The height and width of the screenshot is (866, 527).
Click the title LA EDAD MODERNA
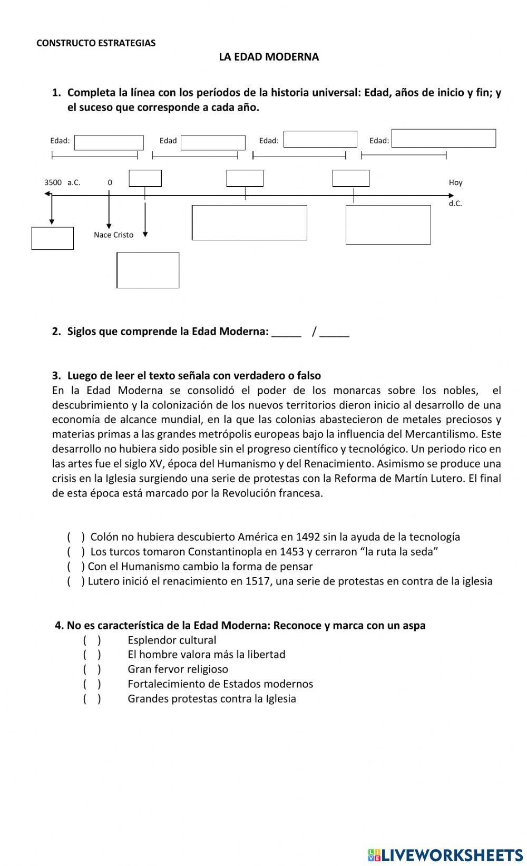click(x=269, y=57)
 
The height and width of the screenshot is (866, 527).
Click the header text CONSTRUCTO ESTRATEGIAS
click(x=96, y=43)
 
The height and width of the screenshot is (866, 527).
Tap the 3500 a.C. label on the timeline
click(x=62, y=182)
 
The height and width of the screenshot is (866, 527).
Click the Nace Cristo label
click(x=113, y=235)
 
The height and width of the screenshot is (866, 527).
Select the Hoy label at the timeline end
click(x=455, y=182)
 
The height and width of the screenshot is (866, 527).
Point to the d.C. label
click(x=455, y=203)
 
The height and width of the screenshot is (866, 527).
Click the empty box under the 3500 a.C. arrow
click(x=52, y=238)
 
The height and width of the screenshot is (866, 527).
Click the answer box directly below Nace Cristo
click(x=148, y=270)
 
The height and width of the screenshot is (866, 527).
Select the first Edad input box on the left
click(x=109, y=142)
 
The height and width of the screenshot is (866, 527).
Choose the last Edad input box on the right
click(x=443, y=138)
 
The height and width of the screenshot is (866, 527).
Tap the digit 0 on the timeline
click(x=110, y=182)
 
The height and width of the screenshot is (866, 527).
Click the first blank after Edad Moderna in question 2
click(x=286, y=332)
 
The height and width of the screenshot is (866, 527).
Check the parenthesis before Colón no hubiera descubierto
click(x=76, y=537)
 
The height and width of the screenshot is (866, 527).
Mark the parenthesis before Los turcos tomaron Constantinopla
click(x=76, y=552)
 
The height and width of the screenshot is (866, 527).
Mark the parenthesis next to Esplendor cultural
click(x=92, y=640)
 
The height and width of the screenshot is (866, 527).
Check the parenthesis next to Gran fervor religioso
click(x=92, y=669)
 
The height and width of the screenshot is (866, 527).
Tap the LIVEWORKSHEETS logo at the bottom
click(x=445, y=854)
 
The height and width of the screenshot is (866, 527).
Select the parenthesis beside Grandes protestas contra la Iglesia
click(x=92, y=699)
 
